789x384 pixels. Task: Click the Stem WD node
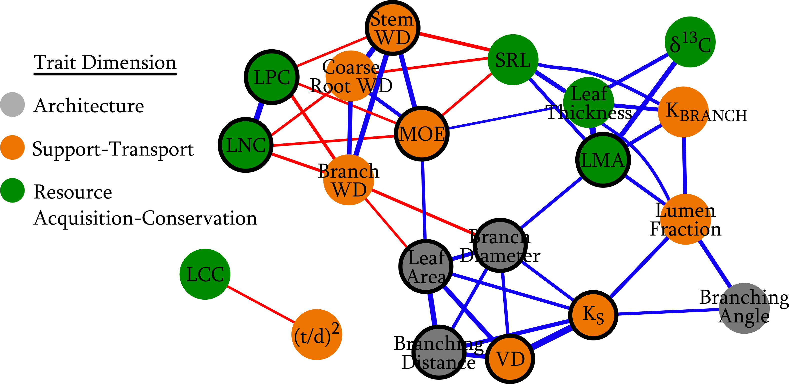pyautogui.click(x=393, y=28)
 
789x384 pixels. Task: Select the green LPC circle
pyautogui.click(x=272, y=77)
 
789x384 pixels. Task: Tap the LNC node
pyautogui.click(x=246, y=145)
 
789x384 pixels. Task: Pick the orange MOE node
pyautogui.click(x=422, y=134)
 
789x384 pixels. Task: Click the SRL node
pyautogui.click(x=513, y=60)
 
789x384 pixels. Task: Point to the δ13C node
pyautogui.click(x=690, y=42)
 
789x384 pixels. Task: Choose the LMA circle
pyautogui.click(x=603, y=160)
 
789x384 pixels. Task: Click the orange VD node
pyautogui.click(x=510, y=358)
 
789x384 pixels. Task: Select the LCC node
pyautogui.click(x=205, y=274)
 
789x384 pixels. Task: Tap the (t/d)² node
pyautogui.click(x=317, y=335)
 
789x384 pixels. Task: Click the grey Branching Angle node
pyautogui.click(x=744, y=308)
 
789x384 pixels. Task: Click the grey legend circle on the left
pyautogui.click(x=13, y=104)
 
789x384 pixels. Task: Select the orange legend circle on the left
pyautogui.click(x=13, y=147)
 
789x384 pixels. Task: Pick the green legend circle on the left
pyautogui.click(x=13, y=190)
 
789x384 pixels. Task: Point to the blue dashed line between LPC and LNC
pyautogui.click(x=259, y=111)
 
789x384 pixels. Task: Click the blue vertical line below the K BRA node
pyautogui.click(x=684, y=165)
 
